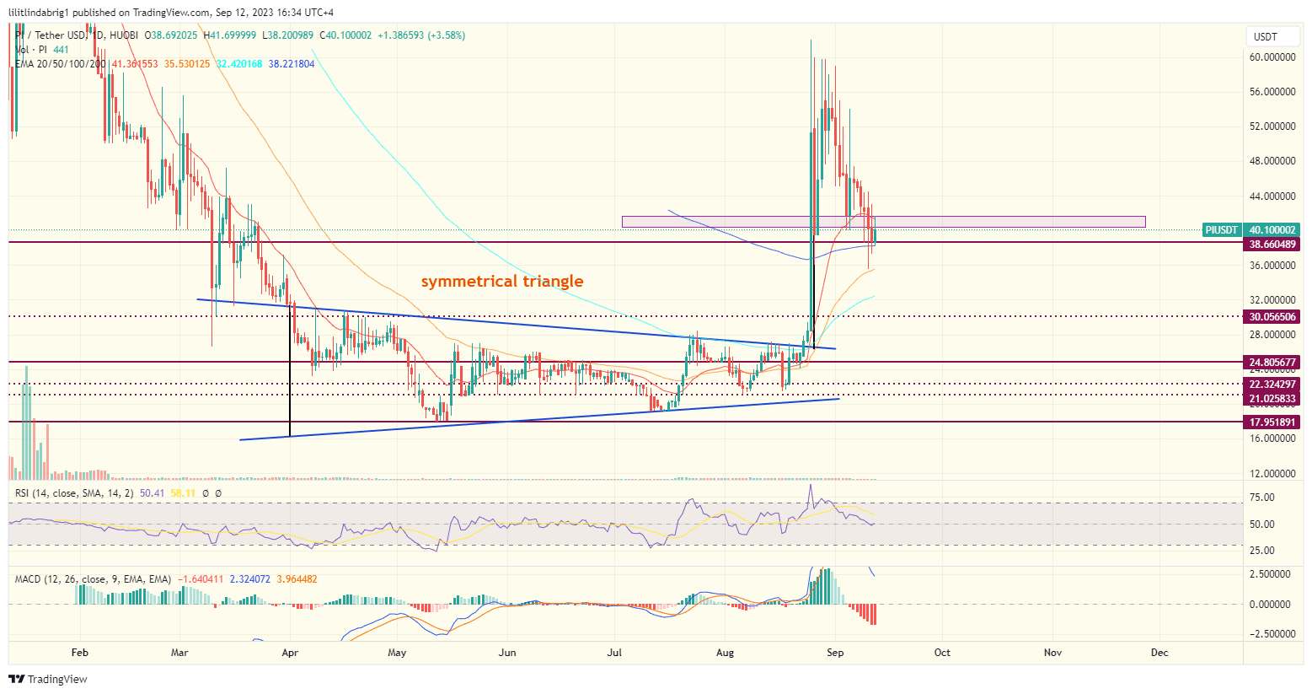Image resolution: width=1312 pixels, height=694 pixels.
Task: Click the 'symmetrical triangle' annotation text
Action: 501,281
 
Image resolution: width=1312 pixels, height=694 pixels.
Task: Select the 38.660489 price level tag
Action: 1272,243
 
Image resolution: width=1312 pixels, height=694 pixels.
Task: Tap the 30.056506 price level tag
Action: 1272,317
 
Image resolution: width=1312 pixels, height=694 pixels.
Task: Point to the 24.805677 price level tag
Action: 1272,363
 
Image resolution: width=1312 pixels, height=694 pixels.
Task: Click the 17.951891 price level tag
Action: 1272,422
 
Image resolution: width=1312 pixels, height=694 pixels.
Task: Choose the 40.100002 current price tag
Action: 1272,230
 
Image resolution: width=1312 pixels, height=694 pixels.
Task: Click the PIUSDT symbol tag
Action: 1222,230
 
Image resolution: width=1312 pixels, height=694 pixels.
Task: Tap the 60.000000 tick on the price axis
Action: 1272,57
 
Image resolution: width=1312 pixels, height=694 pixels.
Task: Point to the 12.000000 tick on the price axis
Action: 1272,474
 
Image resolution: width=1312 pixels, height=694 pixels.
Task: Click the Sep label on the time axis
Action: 835,653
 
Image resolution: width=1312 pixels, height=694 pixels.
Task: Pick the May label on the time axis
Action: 397,653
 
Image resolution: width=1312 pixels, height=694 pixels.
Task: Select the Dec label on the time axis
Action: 1159,653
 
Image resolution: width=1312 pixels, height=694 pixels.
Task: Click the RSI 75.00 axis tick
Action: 1262,498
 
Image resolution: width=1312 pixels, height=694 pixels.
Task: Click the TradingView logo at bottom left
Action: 49,680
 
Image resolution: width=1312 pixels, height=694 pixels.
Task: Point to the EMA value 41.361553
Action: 134,64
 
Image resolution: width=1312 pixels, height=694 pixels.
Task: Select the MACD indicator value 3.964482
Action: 300,579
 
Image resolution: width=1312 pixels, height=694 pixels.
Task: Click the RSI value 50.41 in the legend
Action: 152,493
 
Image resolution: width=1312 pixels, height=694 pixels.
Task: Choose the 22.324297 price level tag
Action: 1272,385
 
